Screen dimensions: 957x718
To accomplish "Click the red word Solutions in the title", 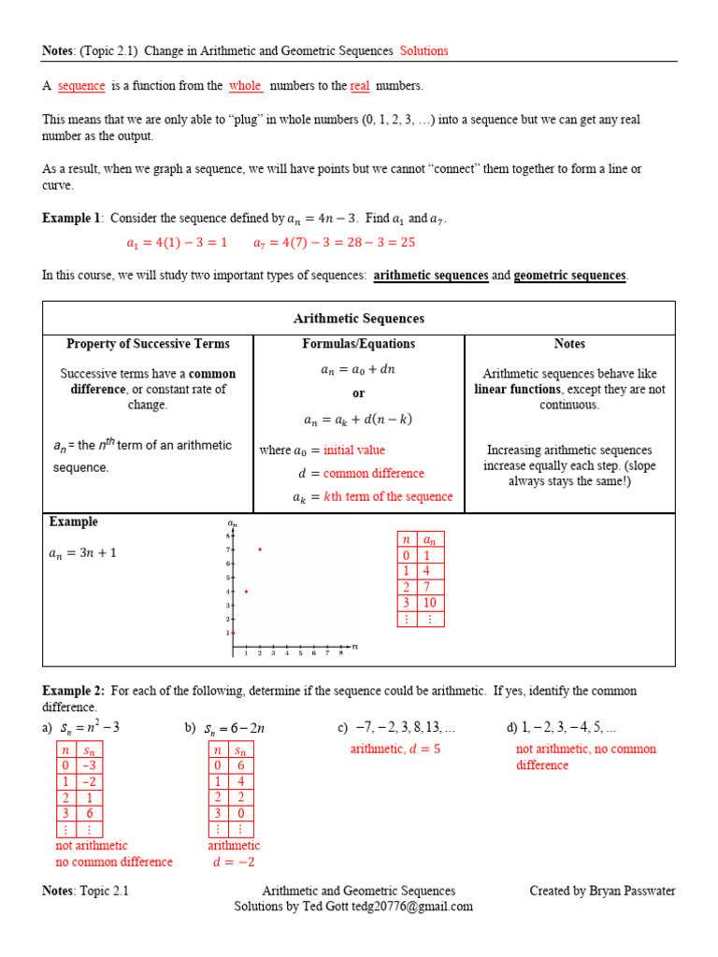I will click(424, 50).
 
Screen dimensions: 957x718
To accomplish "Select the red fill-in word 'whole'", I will click(245, 86).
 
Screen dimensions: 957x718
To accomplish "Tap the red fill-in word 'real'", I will click(360, 86).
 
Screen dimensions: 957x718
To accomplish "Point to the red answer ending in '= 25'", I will click(334, 242).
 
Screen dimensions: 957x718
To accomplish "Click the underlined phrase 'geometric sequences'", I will click(570, 276).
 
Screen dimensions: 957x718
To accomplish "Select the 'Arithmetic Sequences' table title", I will click(358, 319).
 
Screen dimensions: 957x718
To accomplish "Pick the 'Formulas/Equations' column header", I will click(358, 344).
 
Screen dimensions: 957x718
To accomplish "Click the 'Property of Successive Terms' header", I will click(148, 344).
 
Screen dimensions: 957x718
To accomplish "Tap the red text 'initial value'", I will click(354, 450).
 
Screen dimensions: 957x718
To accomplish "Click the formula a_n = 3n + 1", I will click(82, 553).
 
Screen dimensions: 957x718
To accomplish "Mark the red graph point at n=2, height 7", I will click(260, 550).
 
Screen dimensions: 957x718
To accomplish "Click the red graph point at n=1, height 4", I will click(246, 592).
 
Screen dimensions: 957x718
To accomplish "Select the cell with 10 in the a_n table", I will click(430, 603).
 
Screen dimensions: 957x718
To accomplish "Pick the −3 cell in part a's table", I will click(89, 765).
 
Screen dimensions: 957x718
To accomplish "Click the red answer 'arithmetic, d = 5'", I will click(395, 749).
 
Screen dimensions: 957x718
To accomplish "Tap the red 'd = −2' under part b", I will click(234, 862).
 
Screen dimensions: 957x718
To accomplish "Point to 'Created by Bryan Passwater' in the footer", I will click(602, 891).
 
